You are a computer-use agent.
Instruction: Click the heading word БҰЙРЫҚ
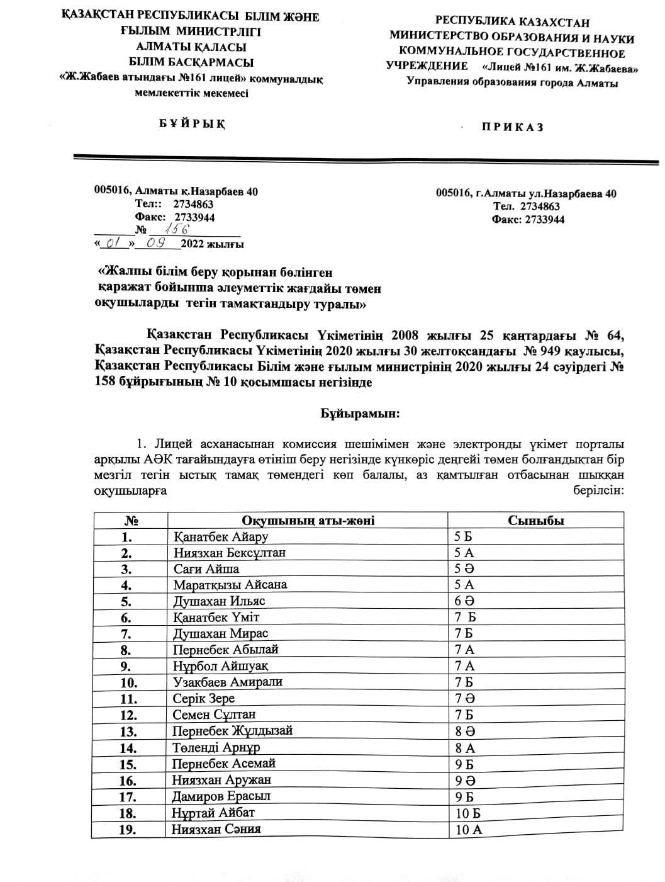pyautogui.click(x=191, y=123)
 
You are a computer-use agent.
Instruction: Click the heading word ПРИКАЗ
pyautogui.click(x=513, y=127)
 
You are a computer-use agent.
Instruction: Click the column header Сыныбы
pyautogui.click(x=535, y=520)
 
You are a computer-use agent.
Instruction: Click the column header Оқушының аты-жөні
pyautogui.click(x=308, y=520)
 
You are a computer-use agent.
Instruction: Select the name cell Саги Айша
pyautogui.click(x=206, y=568)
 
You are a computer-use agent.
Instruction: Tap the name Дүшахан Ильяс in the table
pyautogui.click(x=219, y=601)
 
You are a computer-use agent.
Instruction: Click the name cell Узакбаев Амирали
pyautogui.click(x=228, y=682)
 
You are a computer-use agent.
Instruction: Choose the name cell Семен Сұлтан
pyautogui.click(x=214, y=715)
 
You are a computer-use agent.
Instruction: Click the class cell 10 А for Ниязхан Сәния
pyautogui.click(x=468, y=829)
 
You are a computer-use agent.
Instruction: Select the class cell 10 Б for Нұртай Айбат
pyautogui.click(x=468, y=813)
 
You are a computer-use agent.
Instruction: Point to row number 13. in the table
pyautogui.click(x=128, y=732)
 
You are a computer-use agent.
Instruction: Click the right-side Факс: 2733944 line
pyautogui.click(x=528, y=220)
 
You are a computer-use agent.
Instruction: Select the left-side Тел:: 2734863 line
pyautogui.click(x=174, y=204)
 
